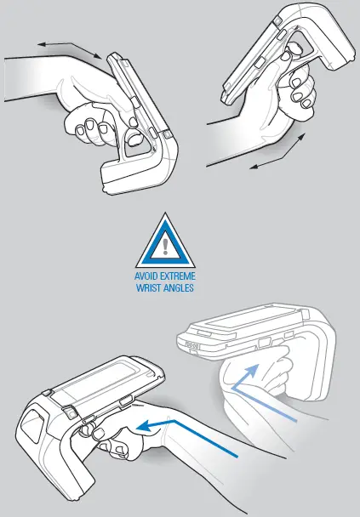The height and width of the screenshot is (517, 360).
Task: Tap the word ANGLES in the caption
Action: point(180,288)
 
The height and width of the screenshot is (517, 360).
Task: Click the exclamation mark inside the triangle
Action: point(165,241)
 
